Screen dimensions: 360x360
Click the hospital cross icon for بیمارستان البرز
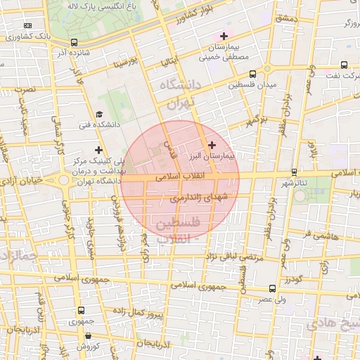tap(212, 144)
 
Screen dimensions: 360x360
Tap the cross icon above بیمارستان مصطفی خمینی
tap(224, 36)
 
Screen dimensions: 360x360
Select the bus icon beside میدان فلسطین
tap(252, 74)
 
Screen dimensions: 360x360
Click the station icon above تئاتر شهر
tap(294, 172)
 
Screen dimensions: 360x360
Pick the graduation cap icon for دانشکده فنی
tap(99, 115)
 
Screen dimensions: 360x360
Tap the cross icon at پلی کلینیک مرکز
tap(98, 150)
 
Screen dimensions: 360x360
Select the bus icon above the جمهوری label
tap(82, 310)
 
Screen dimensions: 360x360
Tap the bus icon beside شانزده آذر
tap(75, 42)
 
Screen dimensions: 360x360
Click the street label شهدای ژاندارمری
tap(200, 199)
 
